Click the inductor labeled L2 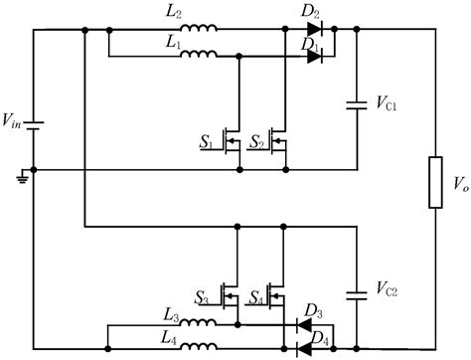pyautogui.click(x=200, y=30)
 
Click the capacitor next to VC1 pyautogui.click(x=356, y=101)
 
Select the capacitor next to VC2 pyautogui.click(x=356, y=292)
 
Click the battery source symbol pyautogui.click(x=34, y=127)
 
